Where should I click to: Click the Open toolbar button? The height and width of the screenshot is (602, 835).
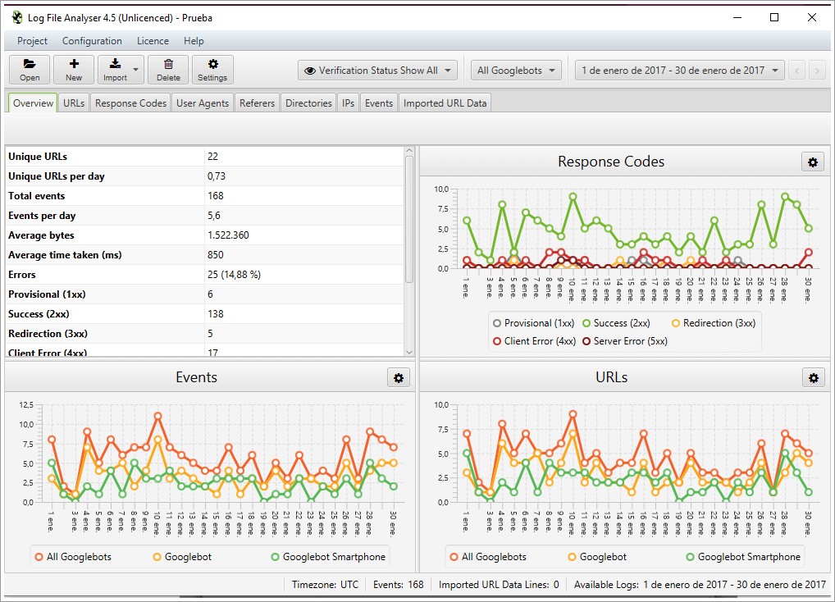coord(30,70)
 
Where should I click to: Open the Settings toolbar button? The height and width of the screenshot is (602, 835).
coord(212,70)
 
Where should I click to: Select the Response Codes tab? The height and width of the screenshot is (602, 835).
coord(130,103)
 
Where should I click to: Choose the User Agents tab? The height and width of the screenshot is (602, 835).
coord(203,103)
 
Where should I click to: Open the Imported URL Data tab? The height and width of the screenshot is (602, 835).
coord(445,103)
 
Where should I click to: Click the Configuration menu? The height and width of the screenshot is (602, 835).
coord(92,41)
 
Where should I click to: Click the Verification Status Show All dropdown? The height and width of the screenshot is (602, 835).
coord(377,71)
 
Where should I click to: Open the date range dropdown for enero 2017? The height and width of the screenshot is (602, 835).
coord(680,71)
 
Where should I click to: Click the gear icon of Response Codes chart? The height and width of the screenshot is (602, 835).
coord(812,162)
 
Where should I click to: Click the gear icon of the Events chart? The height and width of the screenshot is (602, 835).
coord(399,377)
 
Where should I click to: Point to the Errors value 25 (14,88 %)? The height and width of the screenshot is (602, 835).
coord(234,275)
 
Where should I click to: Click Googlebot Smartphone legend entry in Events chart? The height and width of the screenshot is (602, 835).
coord(327,557)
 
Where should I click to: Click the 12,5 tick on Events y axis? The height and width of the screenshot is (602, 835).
coord(25,405)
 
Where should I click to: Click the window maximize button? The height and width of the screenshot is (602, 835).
coord(773,17)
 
